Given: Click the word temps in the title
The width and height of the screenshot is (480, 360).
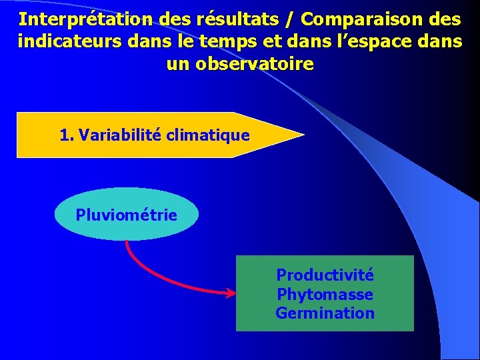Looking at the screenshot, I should (x=221, y=41).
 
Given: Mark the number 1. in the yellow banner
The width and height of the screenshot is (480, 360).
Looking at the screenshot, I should (x=66, y=135).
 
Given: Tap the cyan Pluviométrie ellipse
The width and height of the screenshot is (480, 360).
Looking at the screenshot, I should (x=126, y=214).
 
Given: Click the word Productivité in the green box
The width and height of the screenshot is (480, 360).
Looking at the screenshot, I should (x=325, y=275).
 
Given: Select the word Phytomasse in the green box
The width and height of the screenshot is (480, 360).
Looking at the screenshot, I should (x=325, y=294).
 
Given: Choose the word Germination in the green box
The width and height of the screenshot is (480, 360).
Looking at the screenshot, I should (x=325, y=313).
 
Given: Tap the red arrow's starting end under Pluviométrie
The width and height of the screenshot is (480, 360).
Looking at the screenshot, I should (x=127, y=242).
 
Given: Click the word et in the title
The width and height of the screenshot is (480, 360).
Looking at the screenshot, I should (x=264, y=41).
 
